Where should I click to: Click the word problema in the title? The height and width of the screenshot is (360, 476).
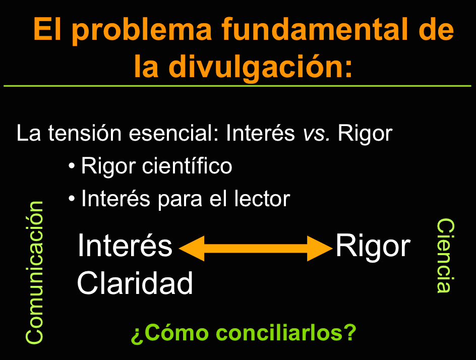[x=142, y=30]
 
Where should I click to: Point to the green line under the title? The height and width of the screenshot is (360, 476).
[x=237, y=86]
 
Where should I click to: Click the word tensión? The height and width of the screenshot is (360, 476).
[x=85, y=133]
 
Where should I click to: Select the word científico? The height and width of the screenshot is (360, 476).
[x=187, y=166]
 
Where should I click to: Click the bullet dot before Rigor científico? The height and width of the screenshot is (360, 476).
[x=72, y=166]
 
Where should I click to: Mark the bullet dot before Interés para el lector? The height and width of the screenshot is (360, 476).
[x=72, y=199]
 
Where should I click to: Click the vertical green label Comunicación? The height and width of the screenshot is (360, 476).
[x=35, y=273]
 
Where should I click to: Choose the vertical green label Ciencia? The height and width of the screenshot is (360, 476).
[x=445, y=256]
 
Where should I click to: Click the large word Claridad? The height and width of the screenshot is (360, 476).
[x=135, y=283]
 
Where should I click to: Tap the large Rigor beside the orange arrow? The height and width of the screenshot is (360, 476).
[x=373, y=246]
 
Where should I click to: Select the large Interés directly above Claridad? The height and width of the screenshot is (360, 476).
[x=125, y=245]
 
